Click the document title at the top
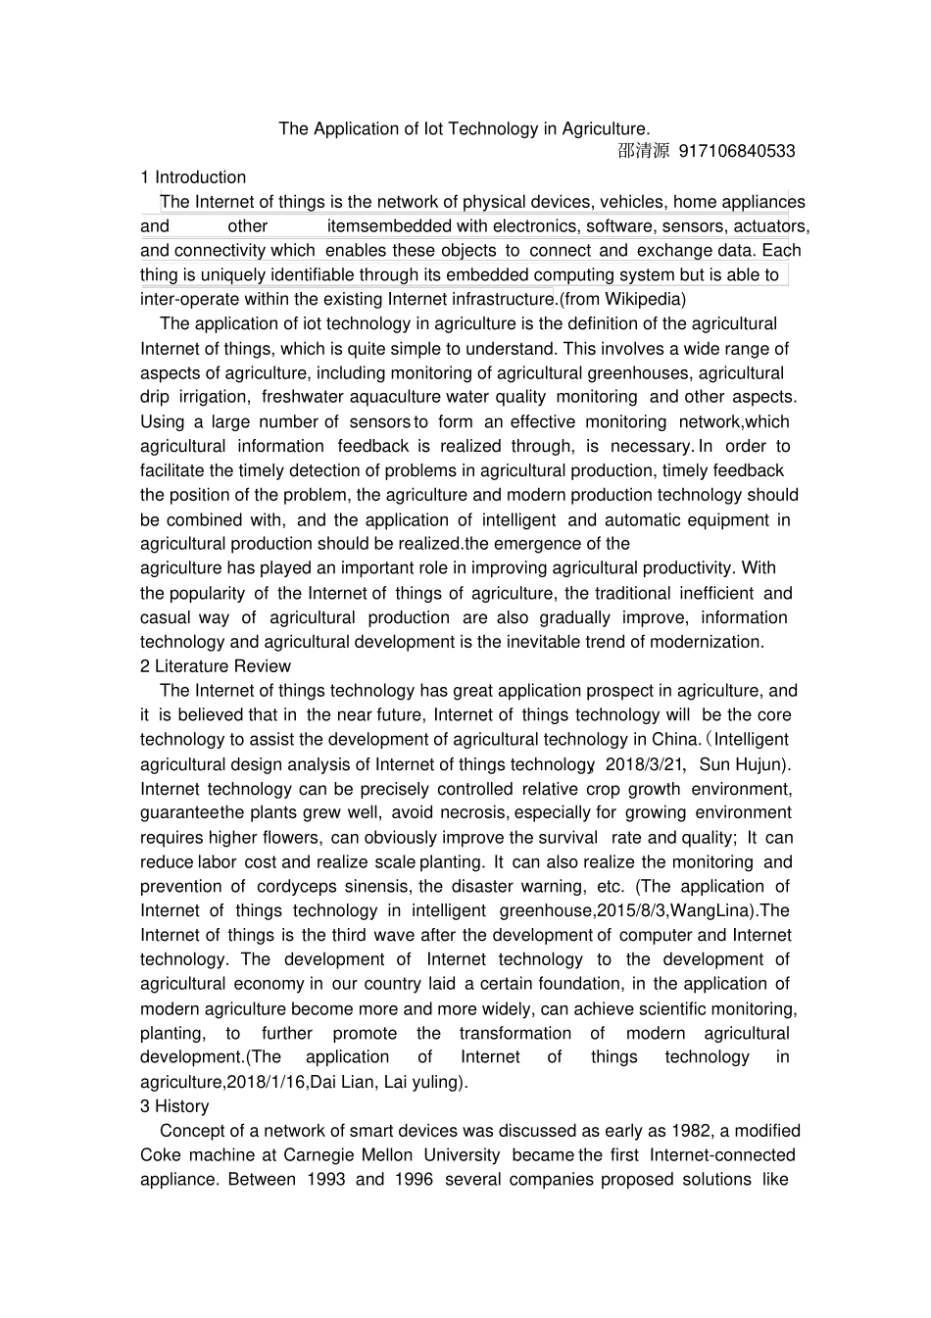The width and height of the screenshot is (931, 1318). coord(464,128)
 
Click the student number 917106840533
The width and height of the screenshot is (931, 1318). coord(737,151)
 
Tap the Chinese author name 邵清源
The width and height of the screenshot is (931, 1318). coord(644,151)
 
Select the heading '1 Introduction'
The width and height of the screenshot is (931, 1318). coord(193,177)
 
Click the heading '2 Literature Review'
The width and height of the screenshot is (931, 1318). coord(216,666)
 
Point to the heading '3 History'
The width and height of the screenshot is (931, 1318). coord(174,1106)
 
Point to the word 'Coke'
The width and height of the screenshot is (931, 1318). coord(161,1155)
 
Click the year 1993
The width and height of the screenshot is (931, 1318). coord(325,1180)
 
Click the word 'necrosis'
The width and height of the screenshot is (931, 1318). coord(473,812)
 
